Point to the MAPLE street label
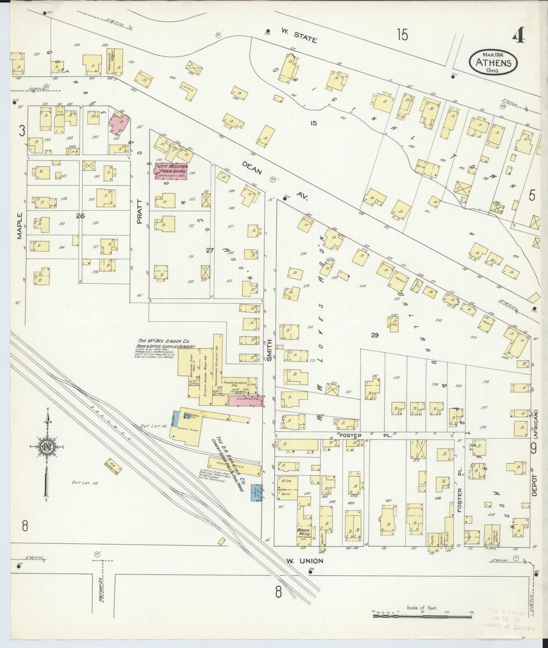click(x=19, y=225)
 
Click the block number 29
click(x=375, y=335)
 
